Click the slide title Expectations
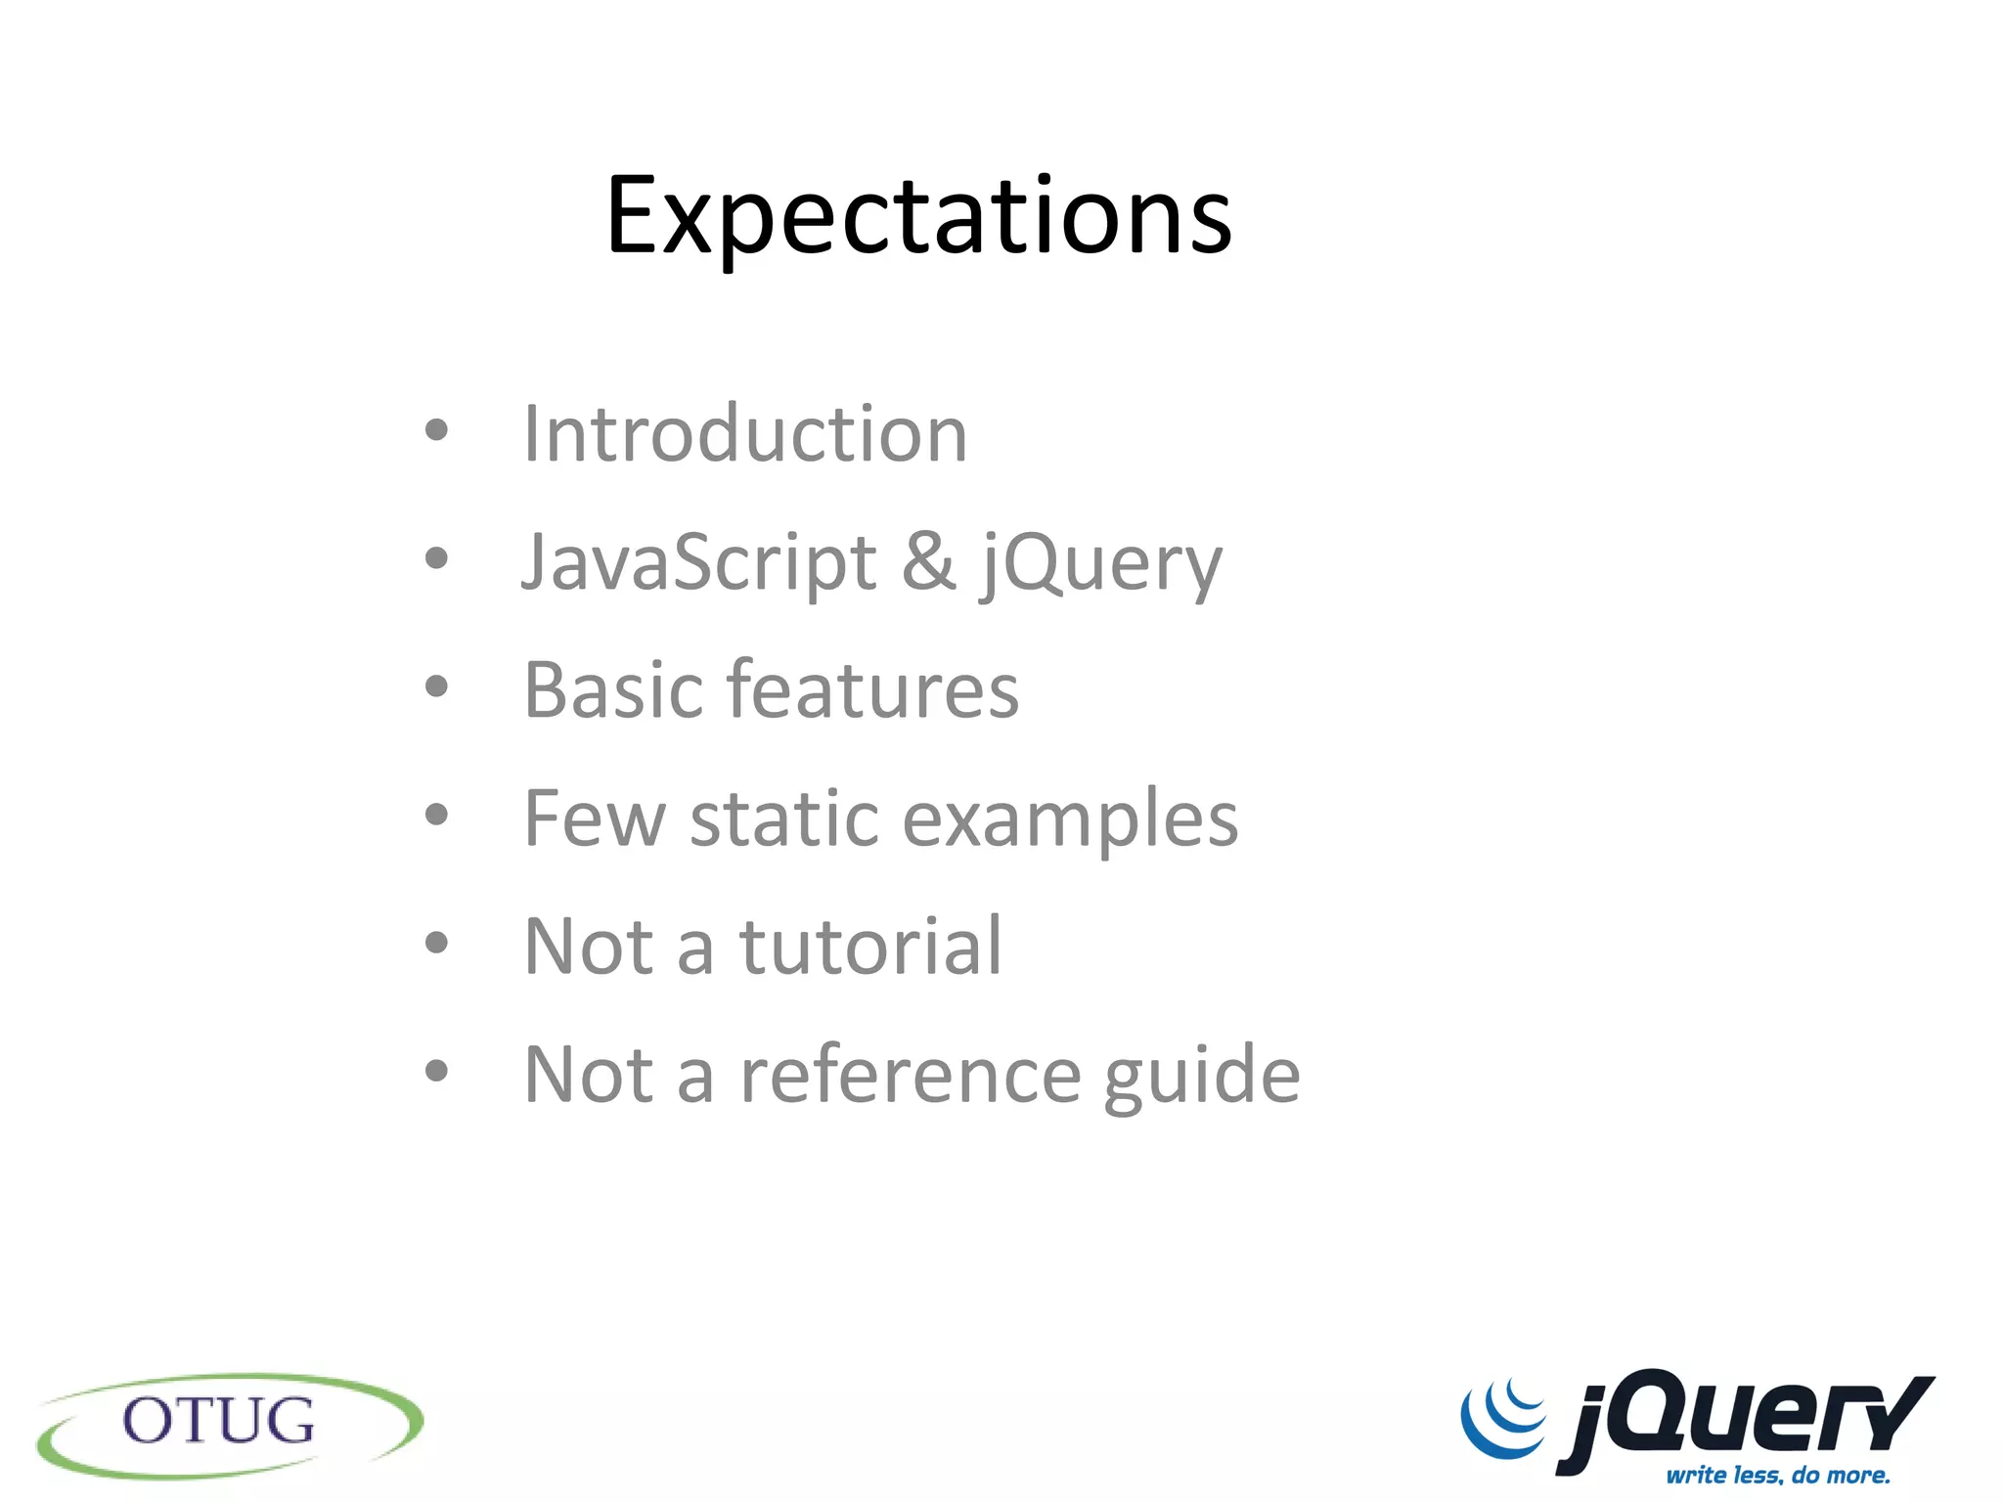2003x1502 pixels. pyautogui.click(x=918, y=216)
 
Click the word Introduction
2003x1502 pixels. pyautogui.click(x=745, y=433)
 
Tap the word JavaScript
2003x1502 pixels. pyautogui.click(x=698, y=562)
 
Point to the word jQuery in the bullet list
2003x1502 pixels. pyautogui.click(x=1101, y=564)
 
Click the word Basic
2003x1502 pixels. pyautogui.click(x=612, y=690)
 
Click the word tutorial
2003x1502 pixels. pyautogui.click(x=870, y=947)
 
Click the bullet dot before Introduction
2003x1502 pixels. pyautogui.click(x=436, y=430)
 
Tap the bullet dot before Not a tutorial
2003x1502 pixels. pyautogui.click(x=436, y=943)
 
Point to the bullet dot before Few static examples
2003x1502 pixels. pyautogui.click(x=436, y=815)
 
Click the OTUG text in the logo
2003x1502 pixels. pyautogui.click(x=219, y=1422)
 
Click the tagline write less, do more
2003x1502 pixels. pyautogui.click(x=1778, y=1475)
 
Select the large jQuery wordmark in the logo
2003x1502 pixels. pyautogui.click(x=1746, y=1417)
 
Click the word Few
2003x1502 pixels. pyautogui.click(x=595, y=818)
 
